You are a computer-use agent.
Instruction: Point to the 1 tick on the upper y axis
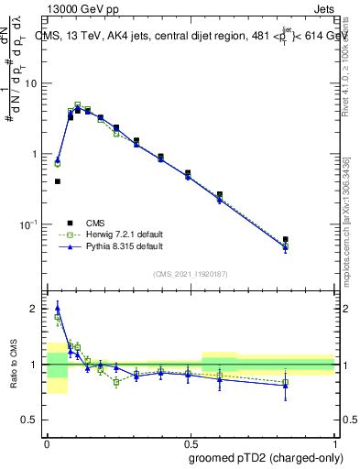pos(38,154)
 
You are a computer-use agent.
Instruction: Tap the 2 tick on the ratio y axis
pos(38,310)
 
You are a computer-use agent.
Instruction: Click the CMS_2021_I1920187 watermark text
pos(190,274)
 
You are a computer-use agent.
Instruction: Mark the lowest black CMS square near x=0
pos(58,181)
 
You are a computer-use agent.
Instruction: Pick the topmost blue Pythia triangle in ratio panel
pos(58,307)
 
